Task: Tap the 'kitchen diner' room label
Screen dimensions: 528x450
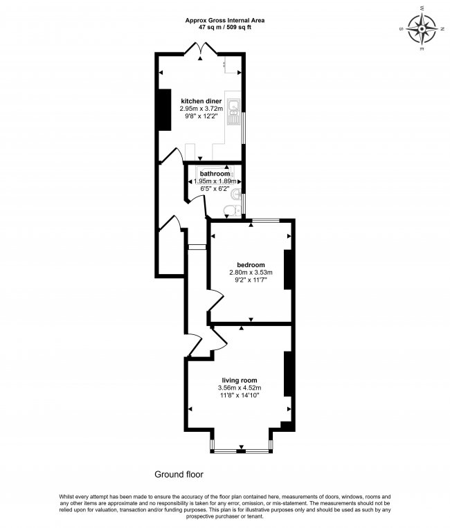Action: [x=201, y=101]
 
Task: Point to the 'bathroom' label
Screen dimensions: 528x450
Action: [x=215, y=174]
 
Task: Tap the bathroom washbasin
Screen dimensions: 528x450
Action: [x=237, y=194]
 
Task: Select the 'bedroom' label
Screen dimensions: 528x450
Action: [x=250, y=265]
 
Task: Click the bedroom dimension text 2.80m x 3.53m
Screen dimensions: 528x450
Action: [x=250, y=273]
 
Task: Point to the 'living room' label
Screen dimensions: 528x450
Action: [x=240, y=381]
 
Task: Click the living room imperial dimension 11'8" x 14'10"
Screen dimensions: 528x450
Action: [x=240, y=396]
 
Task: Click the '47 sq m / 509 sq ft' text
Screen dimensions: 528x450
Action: [x=224, y=27]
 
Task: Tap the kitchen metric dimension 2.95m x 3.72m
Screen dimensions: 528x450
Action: [x=201, y=109]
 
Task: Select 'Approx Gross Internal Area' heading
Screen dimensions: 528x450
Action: [x=224, y=20]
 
